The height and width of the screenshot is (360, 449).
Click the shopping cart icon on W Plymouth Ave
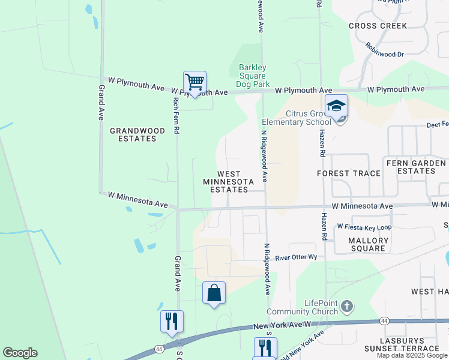[194, 82]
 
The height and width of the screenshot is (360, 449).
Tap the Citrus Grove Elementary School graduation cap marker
[337, 107]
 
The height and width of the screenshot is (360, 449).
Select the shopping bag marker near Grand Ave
[214, 293]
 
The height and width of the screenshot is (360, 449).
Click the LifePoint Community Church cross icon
[346, 307]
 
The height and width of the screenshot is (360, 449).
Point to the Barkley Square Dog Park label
[252, 76]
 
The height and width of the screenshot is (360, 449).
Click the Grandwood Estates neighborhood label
[133, 134]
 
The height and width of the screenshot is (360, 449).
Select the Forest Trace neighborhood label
[349, 173]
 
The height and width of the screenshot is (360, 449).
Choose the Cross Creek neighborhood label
[378, 26]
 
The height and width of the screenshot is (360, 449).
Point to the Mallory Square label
[367, 244]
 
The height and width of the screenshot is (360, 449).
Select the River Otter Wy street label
[296, 258]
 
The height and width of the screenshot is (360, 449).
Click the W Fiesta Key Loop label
[364, 227]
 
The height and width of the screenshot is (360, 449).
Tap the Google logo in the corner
[20, 353]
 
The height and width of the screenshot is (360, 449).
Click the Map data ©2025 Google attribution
[412, 355]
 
